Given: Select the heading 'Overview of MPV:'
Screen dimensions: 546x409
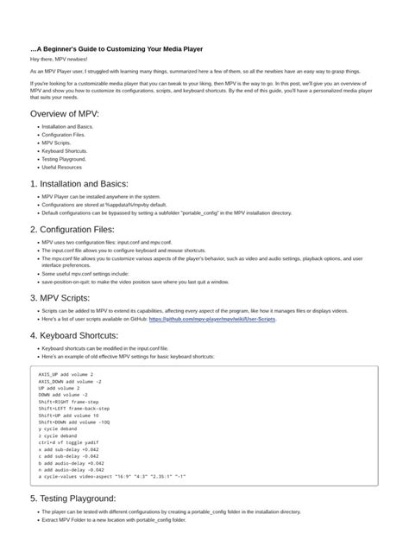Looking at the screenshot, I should tap(64, 114).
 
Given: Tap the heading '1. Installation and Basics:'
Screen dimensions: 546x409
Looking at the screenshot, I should tap(79, 183).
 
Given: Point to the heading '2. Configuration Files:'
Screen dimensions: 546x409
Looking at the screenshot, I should tap(72, 229).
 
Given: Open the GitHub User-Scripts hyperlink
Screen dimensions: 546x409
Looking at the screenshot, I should tap(212, 319).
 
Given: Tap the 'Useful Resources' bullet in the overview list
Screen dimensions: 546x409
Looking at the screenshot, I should tap(62, 167).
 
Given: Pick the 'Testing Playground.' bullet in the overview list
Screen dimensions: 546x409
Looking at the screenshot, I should tap(65, 159).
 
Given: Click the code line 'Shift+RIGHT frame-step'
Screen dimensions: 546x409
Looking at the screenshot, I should tap(69, 402).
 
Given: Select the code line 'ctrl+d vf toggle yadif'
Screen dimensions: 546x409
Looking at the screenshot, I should tap(69, 441).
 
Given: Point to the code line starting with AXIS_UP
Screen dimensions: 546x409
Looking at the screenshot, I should tap(66, 375).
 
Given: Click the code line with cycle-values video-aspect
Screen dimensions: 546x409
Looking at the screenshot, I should tap(112, 475).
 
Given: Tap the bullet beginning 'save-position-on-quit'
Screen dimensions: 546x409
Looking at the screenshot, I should tap(135, 281).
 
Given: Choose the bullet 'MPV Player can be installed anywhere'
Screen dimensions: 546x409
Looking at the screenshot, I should tap(102, 196).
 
